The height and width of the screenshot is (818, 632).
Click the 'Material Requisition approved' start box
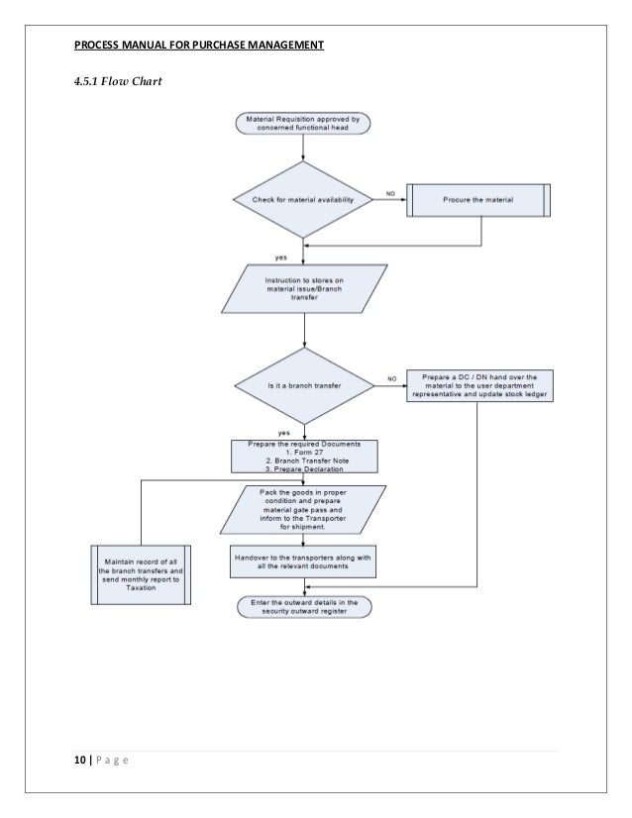coord(303,124)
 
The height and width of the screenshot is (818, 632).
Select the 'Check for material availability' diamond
coord(303,199)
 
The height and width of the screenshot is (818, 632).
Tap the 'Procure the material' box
coord(478,199)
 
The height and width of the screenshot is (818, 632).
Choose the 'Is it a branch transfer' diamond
coord(304,385)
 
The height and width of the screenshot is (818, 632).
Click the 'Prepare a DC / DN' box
coord(480,385)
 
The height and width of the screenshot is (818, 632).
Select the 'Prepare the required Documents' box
coord(305,455)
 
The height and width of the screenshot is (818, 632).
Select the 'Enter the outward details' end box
coord(304,607)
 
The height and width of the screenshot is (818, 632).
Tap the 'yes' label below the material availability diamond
coord(281,256)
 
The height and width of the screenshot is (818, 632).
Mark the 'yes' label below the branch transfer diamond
coord(283,433)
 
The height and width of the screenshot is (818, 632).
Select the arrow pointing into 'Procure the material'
coord(400,199)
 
